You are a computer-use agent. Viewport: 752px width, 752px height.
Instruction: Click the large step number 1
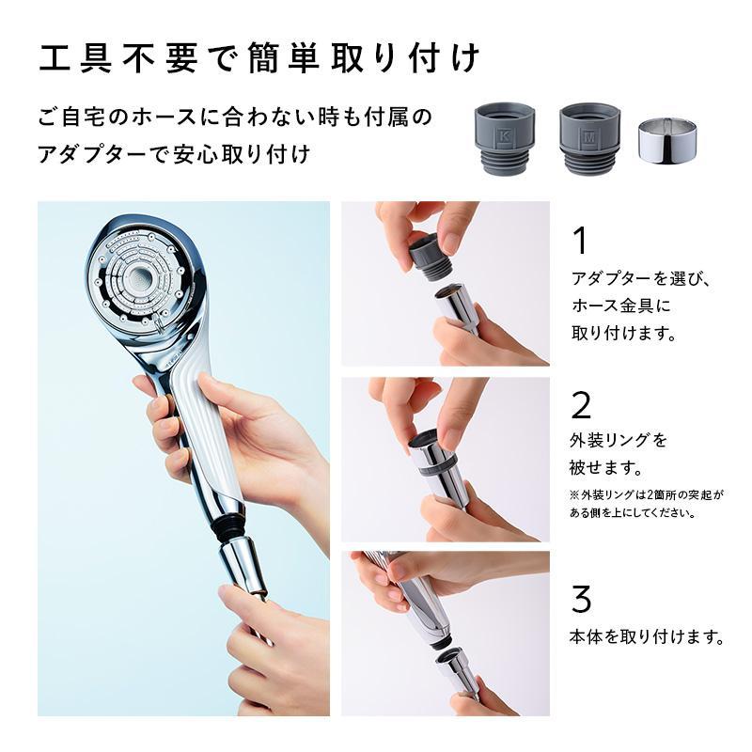(x=581, y=241)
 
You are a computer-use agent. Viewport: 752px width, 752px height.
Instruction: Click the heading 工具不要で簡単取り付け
(x=260, y=59)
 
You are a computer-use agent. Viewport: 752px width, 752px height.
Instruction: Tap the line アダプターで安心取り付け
(x=173, y=154)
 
